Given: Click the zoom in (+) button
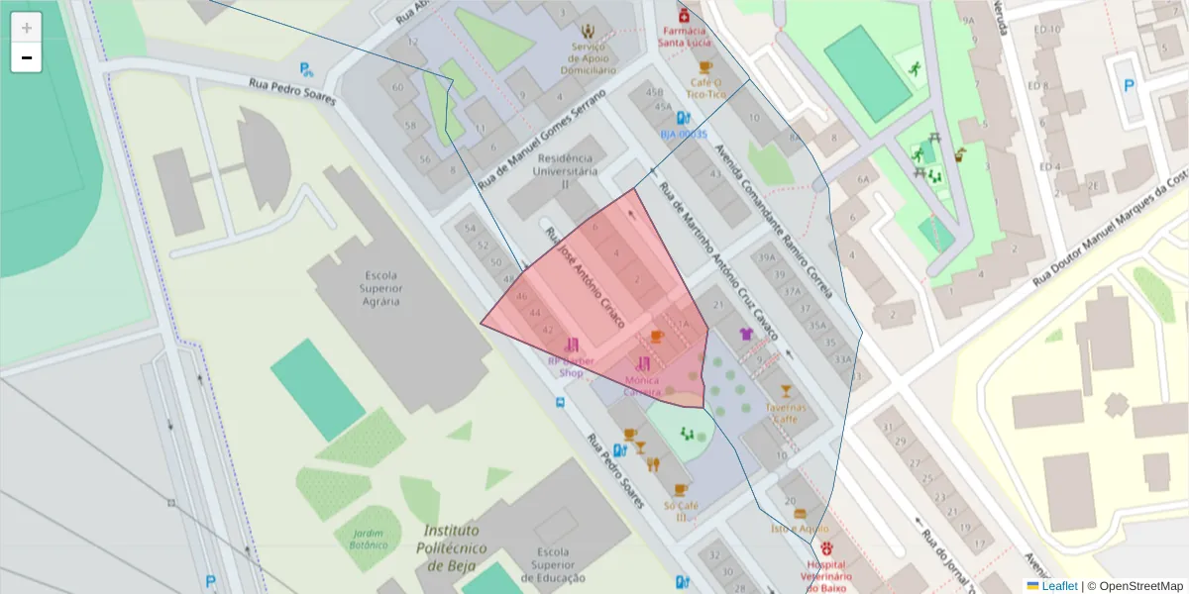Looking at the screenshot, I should tap(27, 28).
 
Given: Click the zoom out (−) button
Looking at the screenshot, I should tap(27, 57).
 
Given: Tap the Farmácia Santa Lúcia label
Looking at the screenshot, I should tap(684, 36).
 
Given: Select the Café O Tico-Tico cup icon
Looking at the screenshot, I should tap(705, 67).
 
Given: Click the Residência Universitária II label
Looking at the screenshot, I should tap(565, 170).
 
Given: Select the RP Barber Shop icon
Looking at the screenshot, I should tap(572, 345).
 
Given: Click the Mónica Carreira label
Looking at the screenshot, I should tap(641, 385).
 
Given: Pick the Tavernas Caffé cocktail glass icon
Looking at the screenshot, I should tap(786, 391).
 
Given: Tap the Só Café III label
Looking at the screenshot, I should tap(680, 511).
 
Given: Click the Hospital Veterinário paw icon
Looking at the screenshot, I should tap(826, 547).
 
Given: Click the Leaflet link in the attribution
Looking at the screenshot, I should tap(1059, 586).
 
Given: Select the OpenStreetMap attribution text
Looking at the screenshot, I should tap(1135, 586).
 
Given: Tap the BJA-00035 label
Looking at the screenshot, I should tap(684, 134).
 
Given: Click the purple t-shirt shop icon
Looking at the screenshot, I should tap(746, 334).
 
